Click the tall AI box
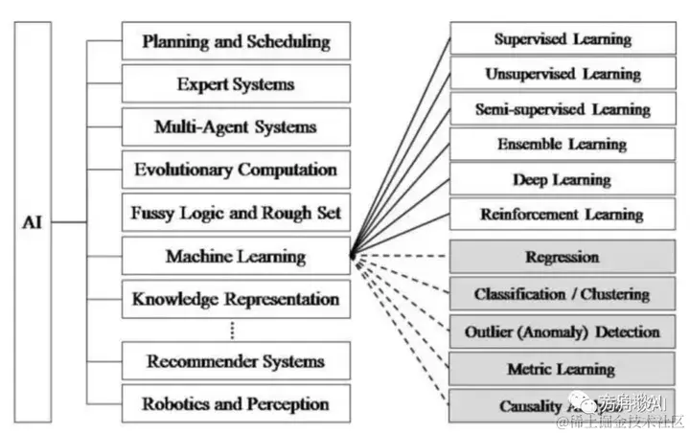tap(34, 222)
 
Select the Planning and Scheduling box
tap(236, 42)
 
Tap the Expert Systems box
tap(236, 84)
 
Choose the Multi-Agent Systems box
tap(236, 126)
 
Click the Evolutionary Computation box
tap(236, 170)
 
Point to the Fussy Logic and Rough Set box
tap(236, 213)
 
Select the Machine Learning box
tap(236, 256)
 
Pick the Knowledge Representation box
tap(236, 298)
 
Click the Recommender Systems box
tap(236, 361)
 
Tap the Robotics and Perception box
tap(236, 403)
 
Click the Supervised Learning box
tap(563, 39)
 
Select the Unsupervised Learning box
tap(563, 74)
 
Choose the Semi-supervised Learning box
tap(563, 109)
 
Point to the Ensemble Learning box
tap(563, 145)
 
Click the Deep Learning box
tap(563, 179)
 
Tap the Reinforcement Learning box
tap(563, 214)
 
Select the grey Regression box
tap(563, 257)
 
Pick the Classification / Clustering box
tap(563, 294)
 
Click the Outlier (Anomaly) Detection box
tap(563, 332)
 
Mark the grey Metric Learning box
tap(563, 369)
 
